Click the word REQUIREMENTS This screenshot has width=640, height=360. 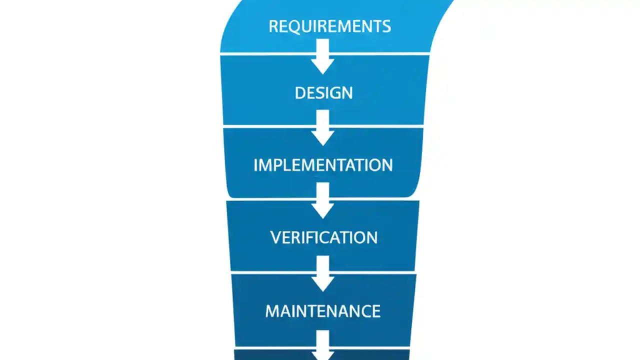pyautogui.click(x=329, y=26)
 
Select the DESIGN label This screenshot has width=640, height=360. pyautogui.click(x=323, y=93)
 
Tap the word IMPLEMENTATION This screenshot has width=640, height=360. pyautogui.click(x=323, y=165)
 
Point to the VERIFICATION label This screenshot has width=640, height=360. pyautogui.click(x=323, y=237)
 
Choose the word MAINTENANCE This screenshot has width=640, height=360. pyautogui.click(x=322, y=311)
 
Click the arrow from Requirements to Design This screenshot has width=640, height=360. pyautogui.click(x=322, y=57)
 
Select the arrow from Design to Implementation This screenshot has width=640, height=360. pyautogui.click(x=323, y=128)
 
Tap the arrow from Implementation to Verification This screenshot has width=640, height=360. pyautogui.click(x=323, y=201)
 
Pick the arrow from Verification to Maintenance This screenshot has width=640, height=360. pyautogui.click(x=323, y=274)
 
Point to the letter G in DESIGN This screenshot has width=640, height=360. pyautogui.click(x=337, y=93)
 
